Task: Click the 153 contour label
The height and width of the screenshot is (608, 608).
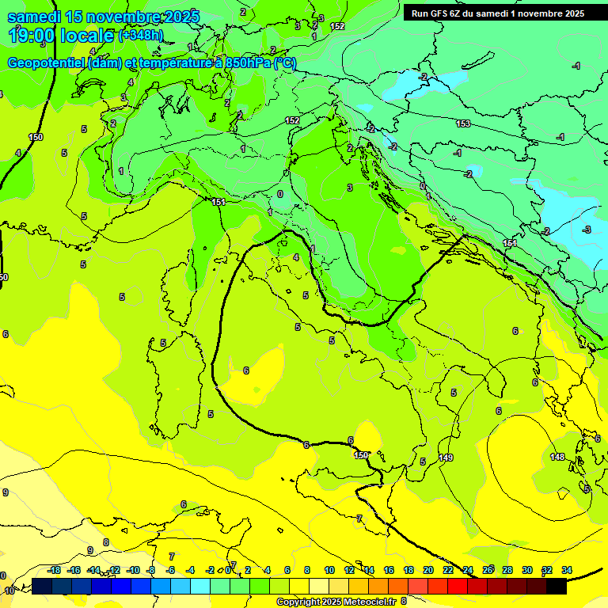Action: (x=463, y=123)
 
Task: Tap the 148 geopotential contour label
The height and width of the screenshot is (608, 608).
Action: (x=557, y=457)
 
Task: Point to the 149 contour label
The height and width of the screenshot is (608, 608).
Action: (x=446, y=458)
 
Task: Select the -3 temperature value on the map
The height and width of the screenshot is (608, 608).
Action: (x=587, y=230)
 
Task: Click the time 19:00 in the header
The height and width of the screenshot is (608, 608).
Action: (x=36, y=35)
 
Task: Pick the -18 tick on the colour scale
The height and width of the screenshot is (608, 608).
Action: (x=54, y=570)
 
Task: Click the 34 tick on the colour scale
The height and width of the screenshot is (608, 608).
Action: (x=567, y=570)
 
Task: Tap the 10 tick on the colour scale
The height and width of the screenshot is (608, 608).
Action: (x=329, y=570)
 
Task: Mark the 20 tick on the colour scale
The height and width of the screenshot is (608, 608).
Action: (x=428, y=570)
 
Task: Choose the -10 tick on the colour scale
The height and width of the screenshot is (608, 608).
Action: (x=132, y=570)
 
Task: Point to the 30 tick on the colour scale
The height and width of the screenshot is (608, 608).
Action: (x=527, y=570)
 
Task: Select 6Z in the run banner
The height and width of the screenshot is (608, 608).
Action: (x=460, y=13)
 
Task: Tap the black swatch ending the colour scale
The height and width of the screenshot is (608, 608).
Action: (x=557, y=586)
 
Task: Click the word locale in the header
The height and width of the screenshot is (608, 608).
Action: (x=89, y=35)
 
